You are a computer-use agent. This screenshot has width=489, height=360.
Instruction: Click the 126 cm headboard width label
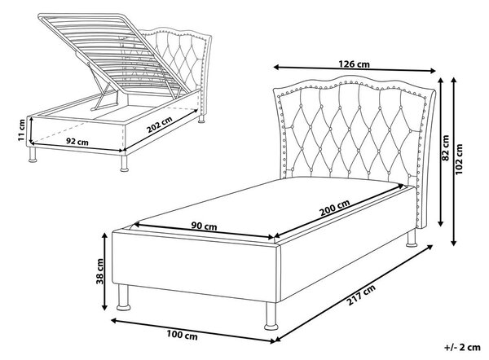tap(354, 64)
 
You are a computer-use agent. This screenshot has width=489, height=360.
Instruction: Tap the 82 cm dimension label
tap(446, 148)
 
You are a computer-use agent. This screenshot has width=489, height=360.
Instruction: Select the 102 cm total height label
tap(460, 159)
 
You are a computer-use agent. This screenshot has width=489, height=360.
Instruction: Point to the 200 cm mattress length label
tap(335, 208)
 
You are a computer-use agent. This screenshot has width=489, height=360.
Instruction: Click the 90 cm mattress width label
tap(205, 226)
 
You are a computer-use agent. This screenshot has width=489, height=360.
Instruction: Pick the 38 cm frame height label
tap(99, 271)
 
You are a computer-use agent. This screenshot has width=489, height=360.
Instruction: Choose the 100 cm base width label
tap(182, 336)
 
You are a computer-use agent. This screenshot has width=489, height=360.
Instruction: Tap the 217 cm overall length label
tap(361, 295)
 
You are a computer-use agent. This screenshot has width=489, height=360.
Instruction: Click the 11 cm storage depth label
tap(21, 130)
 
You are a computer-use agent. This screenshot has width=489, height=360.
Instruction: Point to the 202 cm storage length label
tap(160, 125)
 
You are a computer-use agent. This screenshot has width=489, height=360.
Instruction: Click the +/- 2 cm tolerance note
tap(462, 348)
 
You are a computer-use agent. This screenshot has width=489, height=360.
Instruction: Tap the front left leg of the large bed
tap(124, 297)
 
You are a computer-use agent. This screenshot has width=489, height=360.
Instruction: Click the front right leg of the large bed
tap(271, 316)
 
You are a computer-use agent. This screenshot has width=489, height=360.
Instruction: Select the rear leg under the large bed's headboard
tap(412, 238)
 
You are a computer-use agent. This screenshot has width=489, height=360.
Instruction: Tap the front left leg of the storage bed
tap(33, 155)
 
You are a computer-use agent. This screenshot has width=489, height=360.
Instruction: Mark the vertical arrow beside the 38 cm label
tap(105, 272)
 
